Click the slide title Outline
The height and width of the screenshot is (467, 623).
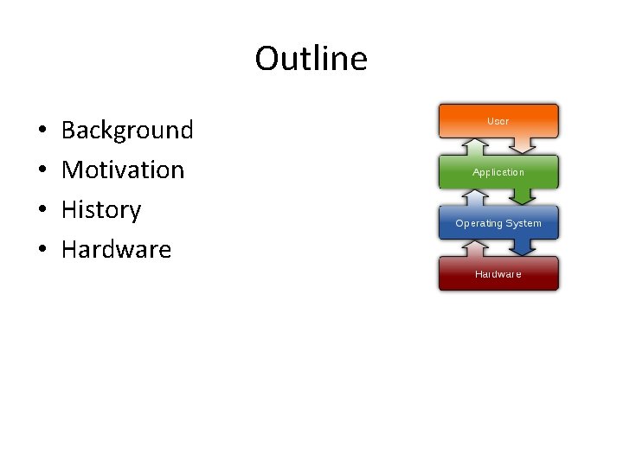pos(311,59)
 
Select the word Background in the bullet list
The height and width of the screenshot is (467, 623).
pos(127,131)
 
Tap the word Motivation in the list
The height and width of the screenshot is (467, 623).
pos(123,170)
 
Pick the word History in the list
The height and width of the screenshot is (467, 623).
pos(101,210)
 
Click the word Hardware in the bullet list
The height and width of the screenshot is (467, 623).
pos(116,250)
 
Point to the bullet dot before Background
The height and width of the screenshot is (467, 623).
pos(42,131)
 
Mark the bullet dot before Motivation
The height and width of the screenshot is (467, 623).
pos(42,171)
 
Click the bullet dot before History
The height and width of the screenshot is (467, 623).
pos(42,211)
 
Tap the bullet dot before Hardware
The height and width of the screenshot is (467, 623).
pos(42,251)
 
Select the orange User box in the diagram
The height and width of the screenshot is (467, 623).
pos(498,120)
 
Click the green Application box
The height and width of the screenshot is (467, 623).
pos(498,171)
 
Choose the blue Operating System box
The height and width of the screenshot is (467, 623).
pos(498,222)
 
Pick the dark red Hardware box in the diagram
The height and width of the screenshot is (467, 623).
pos(498,273)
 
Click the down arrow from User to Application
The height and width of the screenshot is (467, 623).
pos(524,144)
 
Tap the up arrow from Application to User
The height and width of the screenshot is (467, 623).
pos(473,147)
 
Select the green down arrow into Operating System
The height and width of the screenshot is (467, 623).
pos(524,195)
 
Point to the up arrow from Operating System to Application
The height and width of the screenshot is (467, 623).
pos(473,198)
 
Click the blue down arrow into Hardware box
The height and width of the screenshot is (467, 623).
pos(524,246)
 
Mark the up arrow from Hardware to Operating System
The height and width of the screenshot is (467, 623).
pos(473,249)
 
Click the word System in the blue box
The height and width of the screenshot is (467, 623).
pos(523,223)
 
